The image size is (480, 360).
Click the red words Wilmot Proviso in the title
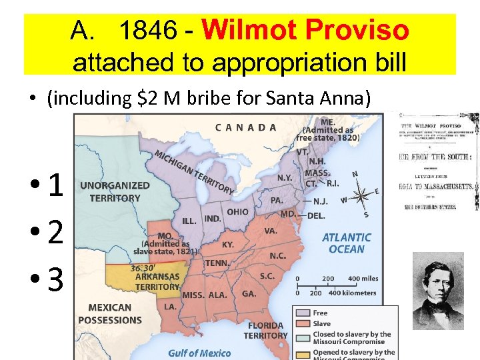(305, 30)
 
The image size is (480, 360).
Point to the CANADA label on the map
(246, 127)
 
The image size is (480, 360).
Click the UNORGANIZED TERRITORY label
(115, 192)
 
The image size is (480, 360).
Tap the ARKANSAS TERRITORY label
(157, 281)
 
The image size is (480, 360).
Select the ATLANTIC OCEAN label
(347, 243)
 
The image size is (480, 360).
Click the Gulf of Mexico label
(199, 353)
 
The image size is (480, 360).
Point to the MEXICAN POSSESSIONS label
(109, 313)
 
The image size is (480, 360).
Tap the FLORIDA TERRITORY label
(265, 331)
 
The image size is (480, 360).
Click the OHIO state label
(237, 212)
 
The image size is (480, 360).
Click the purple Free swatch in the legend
(303, 313)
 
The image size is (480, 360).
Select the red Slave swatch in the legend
(303, 323)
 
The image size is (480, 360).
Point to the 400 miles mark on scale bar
(364, 279)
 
